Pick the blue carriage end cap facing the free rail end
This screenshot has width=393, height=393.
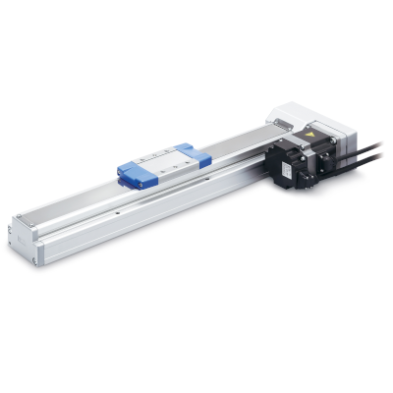point(134,173)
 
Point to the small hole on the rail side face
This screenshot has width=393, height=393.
point(118,209)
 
